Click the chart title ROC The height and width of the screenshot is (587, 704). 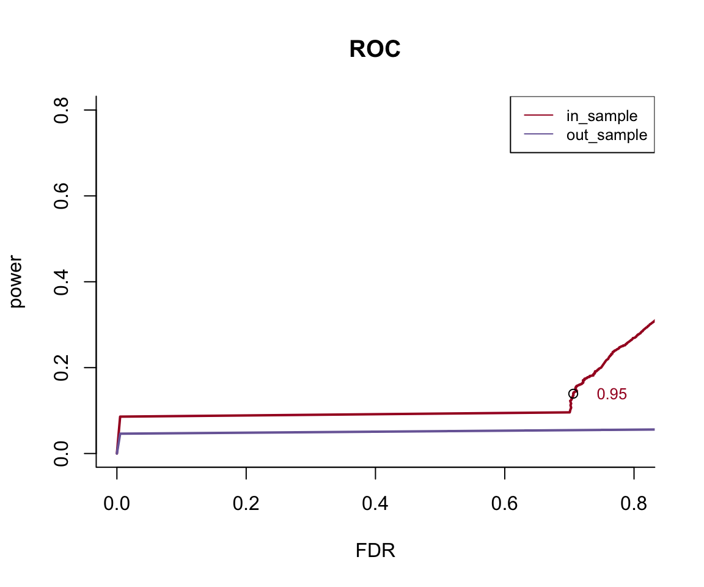375,50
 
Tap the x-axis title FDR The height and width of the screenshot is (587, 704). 375,551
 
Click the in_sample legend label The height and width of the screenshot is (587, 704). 602,116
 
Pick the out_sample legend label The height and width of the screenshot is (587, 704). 607,135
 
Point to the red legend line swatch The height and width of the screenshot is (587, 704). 538,116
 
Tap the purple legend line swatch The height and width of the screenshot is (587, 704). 538,135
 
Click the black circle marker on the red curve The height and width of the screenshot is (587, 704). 573,394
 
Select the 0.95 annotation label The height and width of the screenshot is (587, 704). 612,395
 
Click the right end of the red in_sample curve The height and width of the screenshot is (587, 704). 653,321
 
